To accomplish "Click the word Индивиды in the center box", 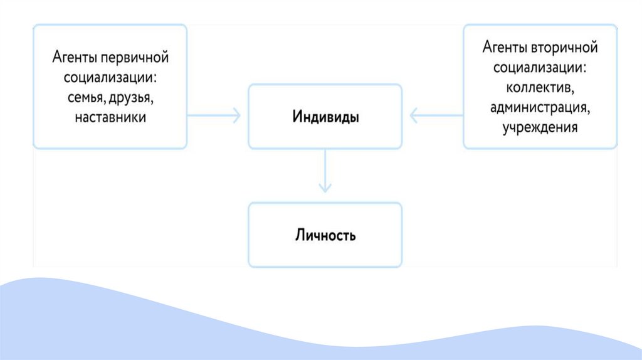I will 325,117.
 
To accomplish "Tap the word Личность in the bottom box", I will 325,236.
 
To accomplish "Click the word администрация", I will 539,107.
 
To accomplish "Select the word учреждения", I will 539,127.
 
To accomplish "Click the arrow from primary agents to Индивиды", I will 213,115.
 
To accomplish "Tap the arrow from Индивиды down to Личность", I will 325,169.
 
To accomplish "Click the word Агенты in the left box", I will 70,58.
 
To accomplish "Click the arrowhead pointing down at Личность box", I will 325,188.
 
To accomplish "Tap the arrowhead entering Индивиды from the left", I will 236,115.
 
